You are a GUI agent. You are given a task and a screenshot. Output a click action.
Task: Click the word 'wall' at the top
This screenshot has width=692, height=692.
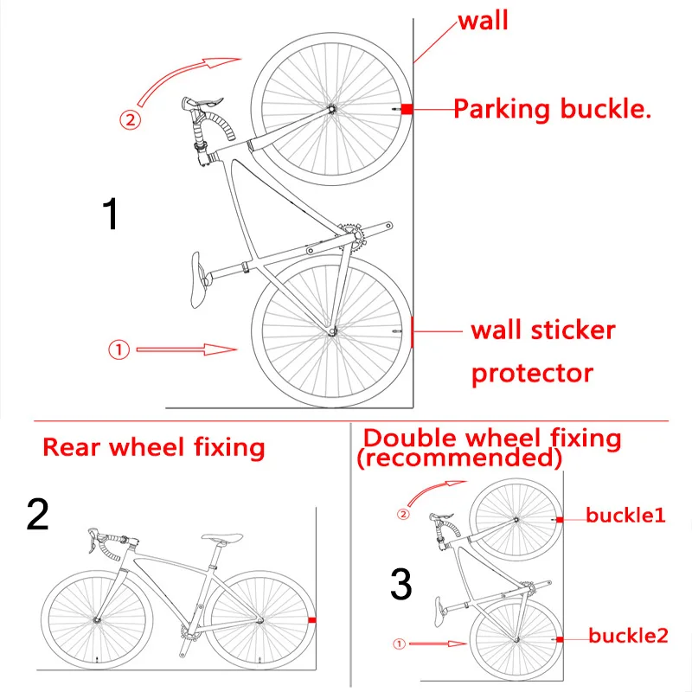(x=483, y=20)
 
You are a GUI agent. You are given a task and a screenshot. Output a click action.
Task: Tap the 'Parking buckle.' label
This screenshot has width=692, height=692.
(x=552, y=109)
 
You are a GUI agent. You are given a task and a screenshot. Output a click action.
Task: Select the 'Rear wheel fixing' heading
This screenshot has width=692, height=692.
(x=154, y=447)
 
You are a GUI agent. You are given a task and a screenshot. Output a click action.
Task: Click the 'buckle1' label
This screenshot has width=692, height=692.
(x=625, y=516)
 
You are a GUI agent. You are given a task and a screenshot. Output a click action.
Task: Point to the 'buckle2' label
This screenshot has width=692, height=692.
(x=629, y=636)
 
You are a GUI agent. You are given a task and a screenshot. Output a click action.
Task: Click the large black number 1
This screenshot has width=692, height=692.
(x=111, y=215)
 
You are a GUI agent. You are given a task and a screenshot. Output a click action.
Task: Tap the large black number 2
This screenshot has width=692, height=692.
(x=38, y=516)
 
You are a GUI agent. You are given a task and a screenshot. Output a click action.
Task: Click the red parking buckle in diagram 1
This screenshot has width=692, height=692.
(x=407, y=109)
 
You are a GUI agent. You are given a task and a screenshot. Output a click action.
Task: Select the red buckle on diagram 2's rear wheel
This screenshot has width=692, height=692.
(x=311, y=620)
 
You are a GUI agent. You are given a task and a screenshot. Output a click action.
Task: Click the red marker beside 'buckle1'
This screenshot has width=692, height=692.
(x=561, y=519)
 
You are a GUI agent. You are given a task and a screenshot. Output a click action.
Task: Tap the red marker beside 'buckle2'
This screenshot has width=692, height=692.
(x=561, y=639)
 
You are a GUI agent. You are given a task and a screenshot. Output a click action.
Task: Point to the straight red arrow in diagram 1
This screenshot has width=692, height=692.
(x=186, y=349)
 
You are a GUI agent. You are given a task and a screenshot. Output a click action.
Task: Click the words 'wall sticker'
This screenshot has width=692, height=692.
(x=543, y=330)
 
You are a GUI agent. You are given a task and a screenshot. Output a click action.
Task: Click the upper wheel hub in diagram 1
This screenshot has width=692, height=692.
(x=330, y=109)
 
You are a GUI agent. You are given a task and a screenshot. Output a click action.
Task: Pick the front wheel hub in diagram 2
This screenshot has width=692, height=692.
(x=97, y=619)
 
